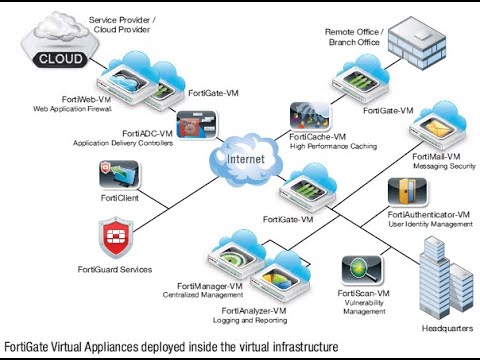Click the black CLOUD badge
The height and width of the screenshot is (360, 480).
pos(60,59)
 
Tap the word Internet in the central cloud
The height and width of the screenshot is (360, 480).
pos(246,159)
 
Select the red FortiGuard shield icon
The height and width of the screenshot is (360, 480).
pos(116,237)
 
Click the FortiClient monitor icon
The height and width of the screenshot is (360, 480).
pos(119,174)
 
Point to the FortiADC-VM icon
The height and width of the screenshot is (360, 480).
pos(196,125)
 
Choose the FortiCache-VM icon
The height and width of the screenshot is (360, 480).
pos(310,116)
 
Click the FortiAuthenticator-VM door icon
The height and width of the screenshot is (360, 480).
pos(407,192)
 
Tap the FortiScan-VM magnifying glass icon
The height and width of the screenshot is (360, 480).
pos(362,269)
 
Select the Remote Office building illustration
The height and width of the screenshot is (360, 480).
pos(417,42)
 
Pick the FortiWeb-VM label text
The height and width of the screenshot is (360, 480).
pos(86,99)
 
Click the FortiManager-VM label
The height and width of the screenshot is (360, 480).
pos(210,286)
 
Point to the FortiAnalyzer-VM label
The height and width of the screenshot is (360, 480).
pos(254,311)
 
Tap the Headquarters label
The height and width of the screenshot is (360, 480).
pos(447,328)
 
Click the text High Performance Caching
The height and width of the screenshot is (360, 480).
pos(333,146)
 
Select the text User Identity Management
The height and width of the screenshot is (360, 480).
pos(430,224)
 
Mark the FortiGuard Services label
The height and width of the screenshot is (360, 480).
pos(115,269)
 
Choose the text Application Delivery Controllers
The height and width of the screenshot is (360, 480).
pos(123,143)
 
